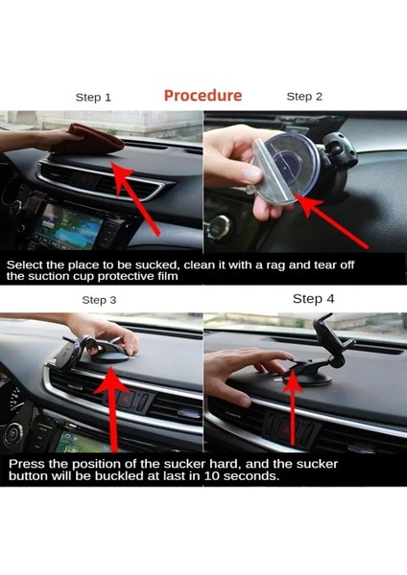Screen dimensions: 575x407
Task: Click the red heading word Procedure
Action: coord(203,96)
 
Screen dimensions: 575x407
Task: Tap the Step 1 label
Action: coord(94,97)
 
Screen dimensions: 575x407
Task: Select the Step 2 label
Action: coord(304,97)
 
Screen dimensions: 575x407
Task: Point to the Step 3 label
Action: coord(100,300)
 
